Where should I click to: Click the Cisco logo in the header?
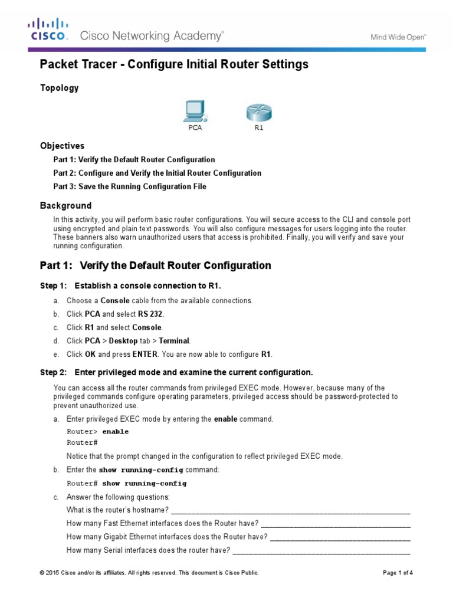49,29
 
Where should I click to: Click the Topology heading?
59,88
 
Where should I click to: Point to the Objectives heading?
62,146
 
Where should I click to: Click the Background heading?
65,206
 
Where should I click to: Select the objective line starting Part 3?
130,187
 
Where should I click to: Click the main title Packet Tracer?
173,64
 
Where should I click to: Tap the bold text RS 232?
150,314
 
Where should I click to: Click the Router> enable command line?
97,432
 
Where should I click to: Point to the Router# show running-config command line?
126,484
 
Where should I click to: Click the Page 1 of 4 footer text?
398,573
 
